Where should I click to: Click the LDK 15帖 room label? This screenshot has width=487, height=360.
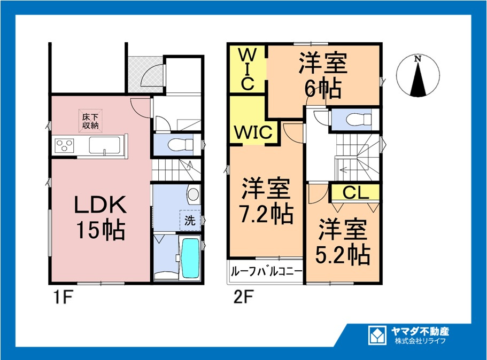click(x=99, y=217)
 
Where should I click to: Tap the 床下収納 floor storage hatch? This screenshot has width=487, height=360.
click(x=90, y=121)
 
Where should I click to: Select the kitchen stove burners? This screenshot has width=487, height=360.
click(x=65, y=145)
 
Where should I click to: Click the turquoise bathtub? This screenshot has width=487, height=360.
click(x=190, y=257)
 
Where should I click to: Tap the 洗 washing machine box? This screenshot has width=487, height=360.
click(x=190, y=218)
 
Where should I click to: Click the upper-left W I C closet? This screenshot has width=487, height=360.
click(x=247, y=69)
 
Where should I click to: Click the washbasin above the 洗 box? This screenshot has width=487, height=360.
click(x=193, y=194)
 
